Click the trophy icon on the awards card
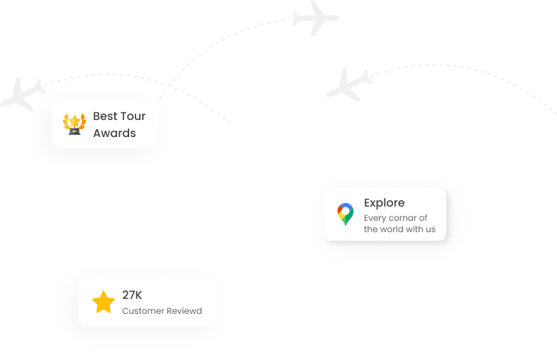click(x=74, y=124)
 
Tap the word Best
click(x=105, y=116)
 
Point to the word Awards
click(x=114, y=133)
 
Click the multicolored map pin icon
click(x=346, y=214)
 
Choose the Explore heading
click(x=384, y=203)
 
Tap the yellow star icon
click(x=104, y=302)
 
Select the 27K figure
click(x=132, y=295)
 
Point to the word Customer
click(x=141, y=311)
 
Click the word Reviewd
click(x=183, y=311)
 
